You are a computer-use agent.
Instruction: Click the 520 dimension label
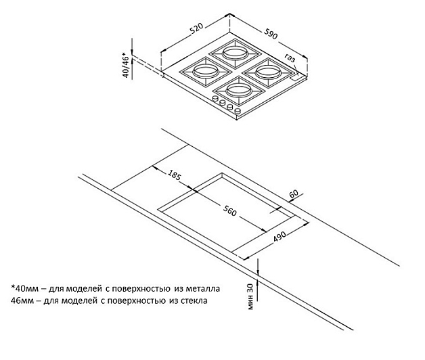[197, 30]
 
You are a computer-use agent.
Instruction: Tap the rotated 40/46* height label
[125, 66]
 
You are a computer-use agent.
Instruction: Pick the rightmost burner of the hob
[266, 68]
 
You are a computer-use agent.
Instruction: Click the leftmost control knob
[215, 99]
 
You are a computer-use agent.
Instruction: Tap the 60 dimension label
[293, 194]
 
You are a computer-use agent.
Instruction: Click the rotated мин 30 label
[250, 295]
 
